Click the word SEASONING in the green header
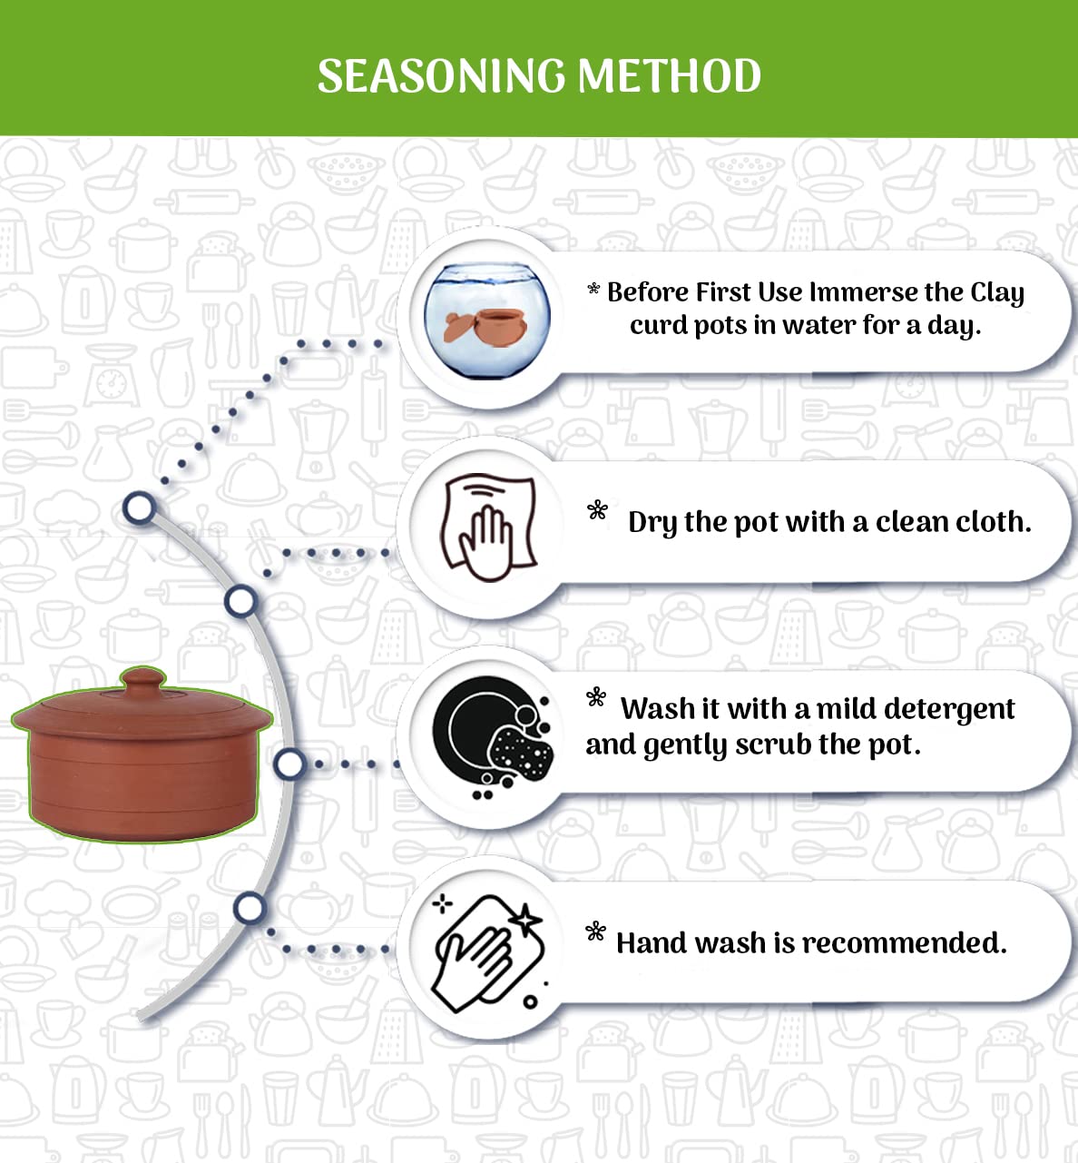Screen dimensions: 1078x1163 [x=442, y=76]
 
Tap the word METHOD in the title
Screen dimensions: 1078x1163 [x=670, y=76]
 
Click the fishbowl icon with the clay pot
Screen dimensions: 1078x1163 [x=487, y=320]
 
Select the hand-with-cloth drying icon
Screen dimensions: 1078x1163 [x=489, y=527]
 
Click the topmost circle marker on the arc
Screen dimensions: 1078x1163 [x=140, y=508]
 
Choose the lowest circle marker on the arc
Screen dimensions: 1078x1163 [x=250, y=908]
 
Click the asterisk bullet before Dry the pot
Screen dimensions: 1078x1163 [x=597, y=510]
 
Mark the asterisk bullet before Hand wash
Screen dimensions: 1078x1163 [x=595, y=931]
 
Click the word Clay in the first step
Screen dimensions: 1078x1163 [x=997, y=293]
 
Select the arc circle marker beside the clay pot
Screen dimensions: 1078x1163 [x=289, y=764]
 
